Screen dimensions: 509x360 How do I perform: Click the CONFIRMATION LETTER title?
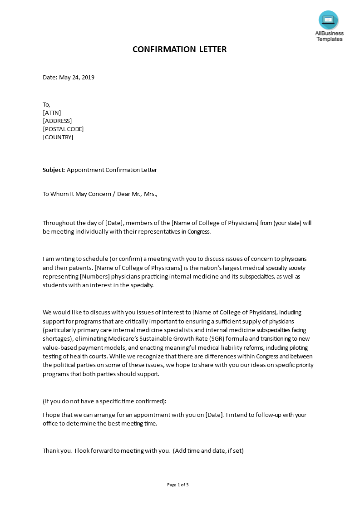(x=179, y=49)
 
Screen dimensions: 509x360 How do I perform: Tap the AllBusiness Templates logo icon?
(x=328, y=20)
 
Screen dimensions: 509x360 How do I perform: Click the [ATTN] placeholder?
(x=52, y=113)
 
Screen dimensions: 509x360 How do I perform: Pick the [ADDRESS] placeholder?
(x=57, y=121)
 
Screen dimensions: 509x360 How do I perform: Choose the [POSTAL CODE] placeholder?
(x=63, y=129)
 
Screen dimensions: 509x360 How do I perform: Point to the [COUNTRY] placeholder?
(x=58, y=137)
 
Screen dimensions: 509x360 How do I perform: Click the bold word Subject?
(x=54, y=170)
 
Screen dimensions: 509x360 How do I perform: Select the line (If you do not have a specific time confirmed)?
(x=104, y=401)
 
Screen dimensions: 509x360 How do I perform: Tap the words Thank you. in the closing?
(x=57, y=451)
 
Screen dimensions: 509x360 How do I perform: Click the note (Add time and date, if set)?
(x=208, y=451)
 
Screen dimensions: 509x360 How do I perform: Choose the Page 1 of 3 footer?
(x=178, y=485)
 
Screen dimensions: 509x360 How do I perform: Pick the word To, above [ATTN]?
(x=47, y=105)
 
